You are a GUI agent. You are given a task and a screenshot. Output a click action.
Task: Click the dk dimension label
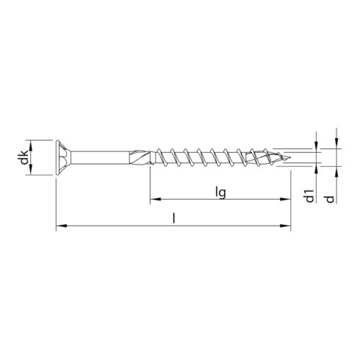coord(24,157)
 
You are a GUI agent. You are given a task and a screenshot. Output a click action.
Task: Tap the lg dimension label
coord(220,192)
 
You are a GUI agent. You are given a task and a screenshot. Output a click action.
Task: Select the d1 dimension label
coord(310,195)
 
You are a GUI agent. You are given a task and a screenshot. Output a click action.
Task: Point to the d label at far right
coord(331,199)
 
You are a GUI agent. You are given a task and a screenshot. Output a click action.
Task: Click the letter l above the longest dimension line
coord(174,218)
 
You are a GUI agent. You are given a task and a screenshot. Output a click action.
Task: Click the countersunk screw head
coord(63,157)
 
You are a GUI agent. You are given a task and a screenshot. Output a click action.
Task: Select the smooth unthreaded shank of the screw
coord(100,157)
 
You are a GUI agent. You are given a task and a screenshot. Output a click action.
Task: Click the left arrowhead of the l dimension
coord(62,226)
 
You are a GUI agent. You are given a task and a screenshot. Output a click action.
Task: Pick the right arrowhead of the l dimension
coord(285,226)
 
